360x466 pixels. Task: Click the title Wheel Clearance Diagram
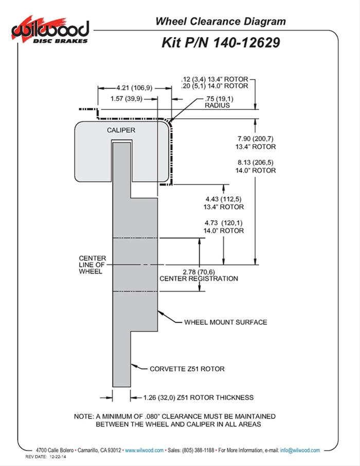[x=220, y=21]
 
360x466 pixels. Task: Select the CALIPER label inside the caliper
[x=121, y=130]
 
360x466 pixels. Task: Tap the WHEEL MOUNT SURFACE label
[x=226, y=322]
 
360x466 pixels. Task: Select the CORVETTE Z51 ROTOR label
[x=187, y=369]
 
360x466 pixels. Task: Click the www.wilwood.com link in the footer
[x=145, y=450]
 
